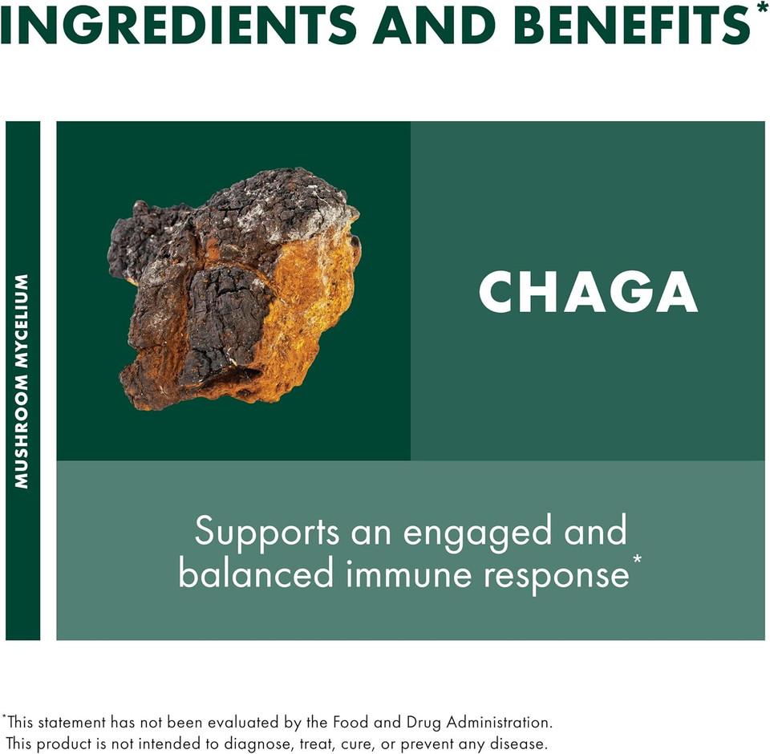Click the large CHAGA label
588,292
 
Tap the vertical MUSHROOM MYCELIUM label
22,381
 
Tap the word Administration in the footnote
509,722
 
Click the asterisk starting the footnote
4,717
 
